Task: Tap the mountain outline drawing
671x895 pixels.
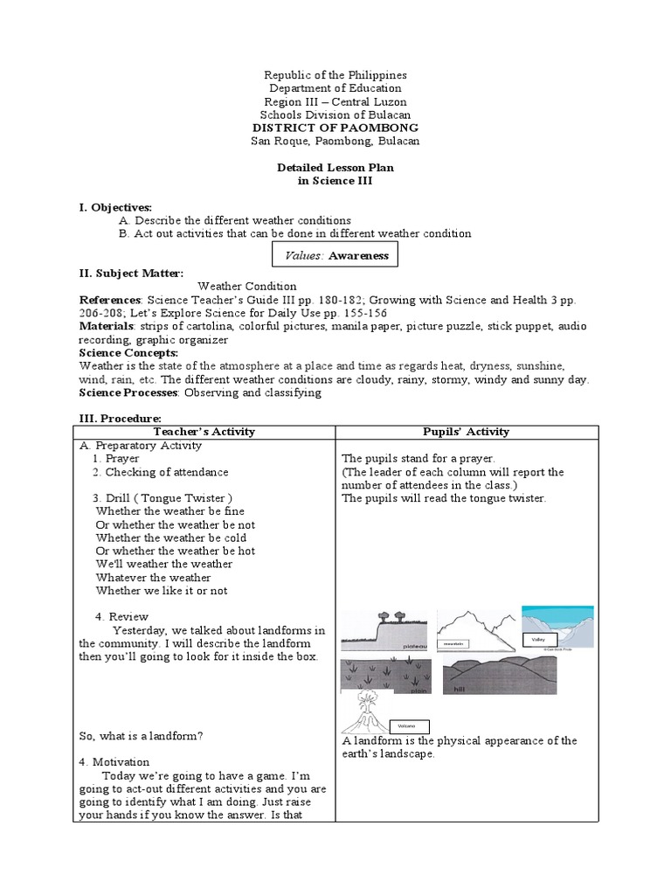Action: coord(475,630)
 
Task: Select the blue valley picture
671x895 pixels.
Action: coord(557,628)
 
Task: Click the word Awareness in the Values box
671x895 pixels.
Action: coord(358,255)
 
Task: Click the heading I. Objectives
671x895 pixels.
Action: coord(115,207)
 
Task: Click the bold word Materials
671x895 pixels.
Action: coord(106,326)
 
